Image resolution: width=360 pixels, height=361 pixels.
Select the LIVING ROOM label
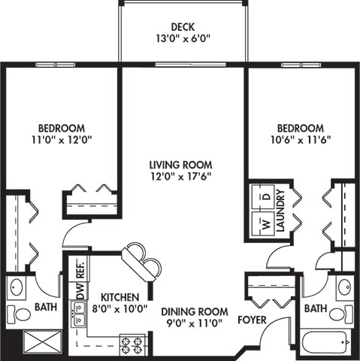tap(180, 165)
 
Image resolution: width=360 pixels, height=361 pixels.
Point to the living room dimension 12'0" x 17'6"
tap(180, 177)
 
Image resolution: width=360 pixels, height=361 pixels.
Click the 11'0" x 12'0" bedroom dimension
tap(62, 140)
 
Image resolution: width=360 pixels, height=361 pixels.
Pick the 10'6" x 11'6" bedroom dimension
tap(301, 140)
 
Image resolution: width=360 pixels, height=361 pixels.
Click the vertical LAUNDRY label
tap(280, 211)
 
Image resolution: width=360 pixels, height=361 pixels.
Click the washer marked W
tap(264, 224)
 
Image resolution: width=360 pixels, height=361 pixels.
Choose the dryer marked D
tap(264, 196)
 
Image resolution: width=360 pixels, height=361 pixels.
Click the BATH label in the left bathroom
tap(46, 307)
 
